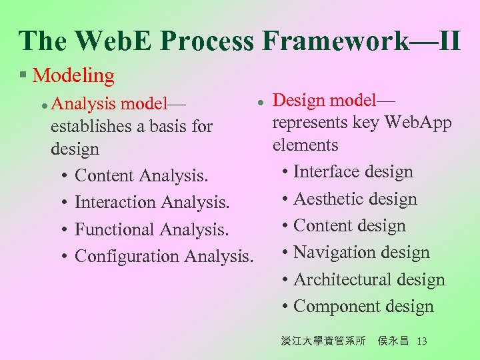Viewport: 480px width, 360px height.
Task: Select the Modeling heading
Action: point(73,76)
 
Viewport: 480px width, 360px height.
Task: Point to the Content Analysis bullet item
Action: point(141,176)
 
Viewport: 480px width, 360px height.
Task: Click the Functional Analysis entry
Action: point(151,229)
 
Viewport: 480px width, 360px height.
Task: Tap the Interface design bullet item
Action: point(353,172)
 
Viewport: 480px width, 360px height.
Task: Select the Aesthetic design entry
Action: point(355,199)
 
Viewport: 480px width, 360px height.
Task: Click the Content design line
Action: point(349,226)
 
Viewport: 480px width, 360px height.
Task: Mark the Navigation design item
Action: point(361,253)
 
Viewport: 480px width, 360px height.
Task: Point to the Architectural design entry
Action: point(369,280)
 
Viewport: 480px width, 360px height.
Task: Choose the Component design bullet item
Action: point(363,307)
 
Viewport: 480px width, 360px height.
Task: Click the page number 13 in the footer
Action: point(421,341)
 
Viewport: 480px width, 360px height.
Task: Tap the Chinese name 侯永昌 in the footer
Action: point(393,341)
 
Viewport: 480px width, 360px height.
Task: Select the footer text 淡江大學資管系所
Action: point(323,341)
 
